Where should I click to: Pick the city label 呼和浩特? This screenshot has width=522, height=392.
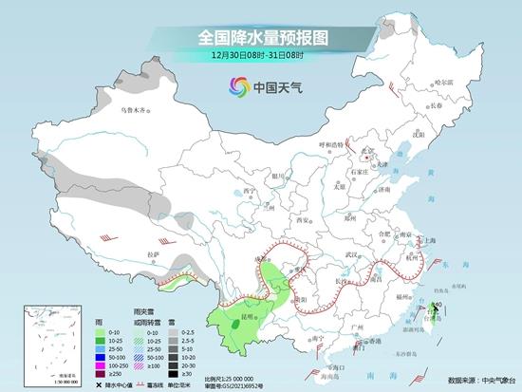pos(333,145)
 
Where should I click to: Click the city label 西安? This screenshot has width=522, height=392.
pos(305,220)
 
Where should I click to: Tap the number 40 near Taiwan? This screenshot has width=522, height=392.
pos(437,305)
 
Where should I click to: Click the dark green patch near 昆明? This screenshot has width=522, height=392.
pos(233,325)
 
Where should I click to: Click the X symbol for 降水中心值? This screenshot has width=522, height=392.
pos(99,383)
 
